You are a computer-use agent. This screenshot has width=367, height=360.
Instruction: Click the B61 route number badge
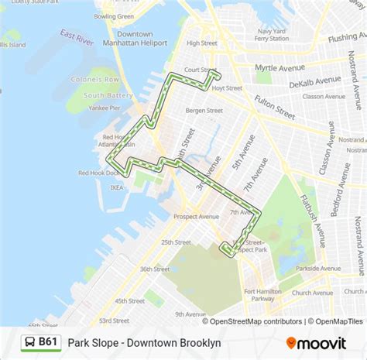41,341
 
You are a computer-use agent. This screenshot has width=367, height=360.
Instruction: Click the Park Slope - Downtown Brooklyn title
144,342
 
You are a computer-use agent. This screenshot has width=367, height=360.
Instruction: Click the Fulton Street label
274,107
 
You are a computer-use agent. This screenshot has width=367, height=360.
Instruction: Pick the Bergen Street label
204,111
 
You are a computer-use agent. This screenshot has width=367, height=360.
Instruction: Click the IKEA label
116,187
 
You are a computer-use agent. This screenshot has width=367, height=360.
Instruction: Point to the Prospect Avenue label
196,217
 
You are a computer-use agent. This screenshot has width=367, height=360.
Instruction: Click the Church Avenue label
312,293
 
